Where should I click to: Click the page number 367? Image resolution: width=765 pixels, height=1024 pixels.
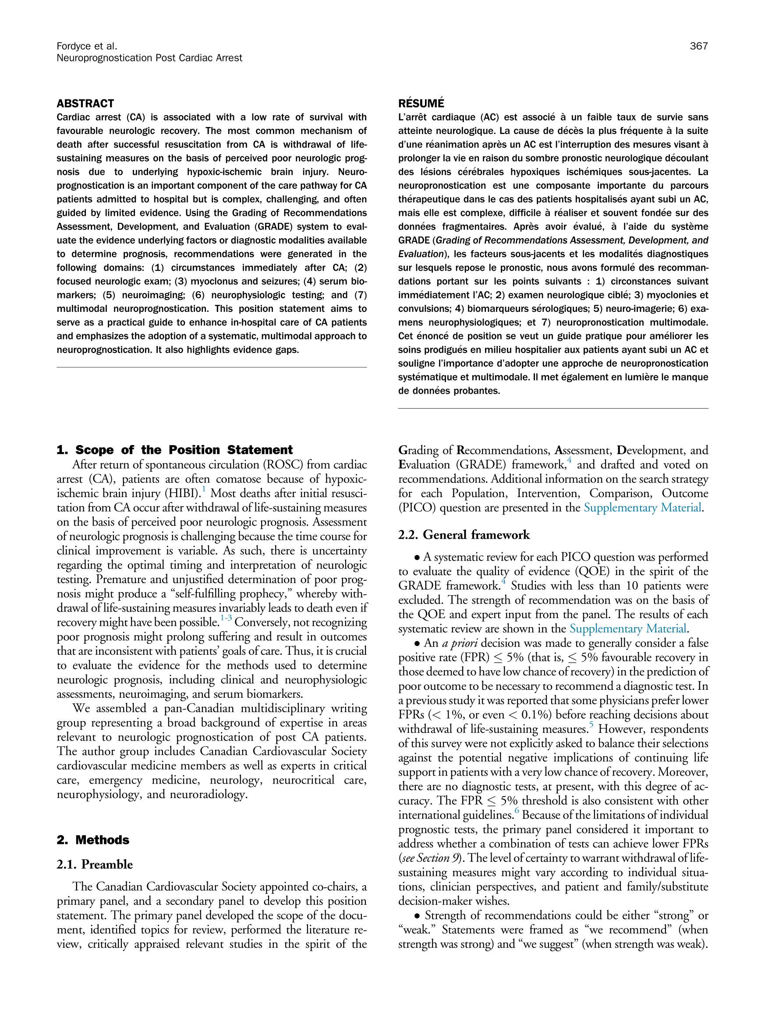pyautogui.click(x=699, y=46)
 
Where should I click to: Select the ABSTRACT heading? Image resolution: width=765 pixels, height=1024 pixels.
pyautogui.click(x=85, y=103)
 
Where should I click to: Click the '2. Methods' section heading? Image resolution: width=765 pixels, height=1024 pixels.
pyautogui.click(x=92, y=839)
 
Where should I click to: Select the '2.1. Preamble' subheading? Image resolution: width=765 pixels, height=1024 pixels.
pyautogui.click(x=95, y=864)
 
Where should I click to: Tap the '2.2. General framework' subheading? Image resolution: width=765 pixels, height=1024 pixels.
pyautogui.click(x=464, y=535)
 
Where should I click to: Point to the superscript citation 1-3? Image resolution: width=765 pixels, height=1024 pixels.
pyautogui.click(x=226, y=618)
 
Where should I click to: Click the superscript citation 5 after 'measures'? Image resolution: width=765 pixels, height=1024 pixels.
pyautogui.click(x=591, y=725)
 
